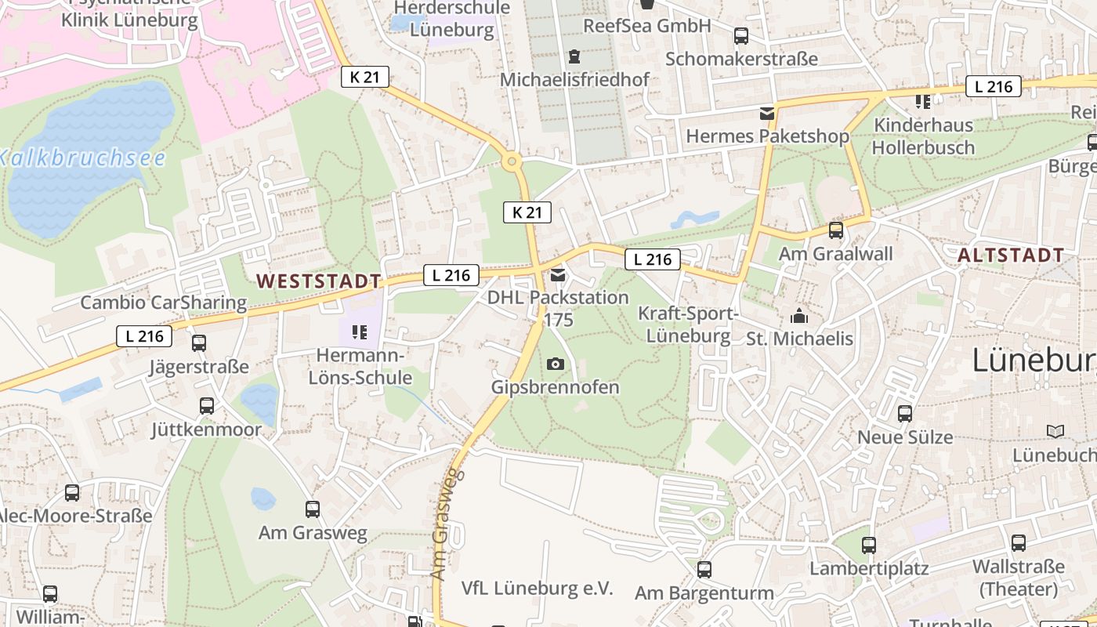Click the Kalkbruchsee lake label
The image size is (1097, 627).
(x=82, y=158)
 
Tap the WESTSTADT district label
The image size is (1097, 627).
(x=319, y=281)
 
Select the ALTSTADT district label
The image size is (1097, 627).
(x=1011, y=255)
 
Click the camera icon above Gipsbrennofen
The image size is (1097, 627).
(x=556, y=364)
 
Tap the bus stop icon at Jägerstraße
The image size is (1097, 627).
(x=199, y=342)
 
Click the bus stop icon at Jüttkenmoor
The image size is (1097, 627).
(x=207, y=406)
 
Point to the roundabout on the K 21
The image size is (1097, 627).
(x=512, y=162)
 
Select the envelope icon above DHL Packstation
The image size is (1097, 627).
(x=558, y=275)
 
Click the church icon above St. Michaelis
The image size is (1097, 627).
(x=799, y=317)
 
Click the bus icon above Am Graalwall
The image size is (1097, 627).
(x=836, y=230)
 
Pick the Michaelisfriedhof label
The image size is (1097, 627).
(x=574, y=79)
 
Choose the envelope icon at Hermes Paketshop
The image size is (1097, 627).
(x=766, y=114)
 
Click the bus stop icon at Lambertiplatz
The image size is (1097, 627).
(x=869, y=545)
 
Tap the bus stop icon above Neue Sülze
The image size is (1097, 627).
(x=905, y=414)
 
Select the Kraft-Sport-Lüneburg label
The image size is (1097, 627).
(x=688, y=325)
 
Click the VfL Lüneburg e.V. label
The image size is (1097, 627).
(x=537, y=588)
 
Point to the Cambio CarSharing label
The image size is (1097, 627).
(x=163, y=303)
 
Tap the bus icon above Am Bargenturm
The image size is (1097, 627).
(x=704, y=570)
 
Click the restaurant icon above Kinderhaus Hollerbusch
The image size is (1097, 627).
(x=923, y=101)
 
